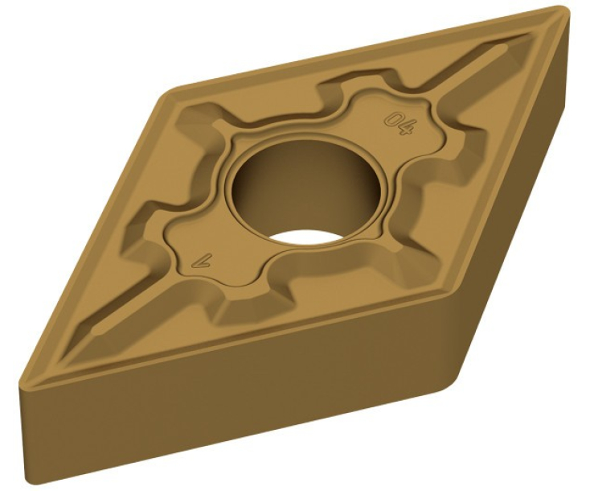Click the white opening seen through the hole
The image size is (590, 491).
coord(304,239)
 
